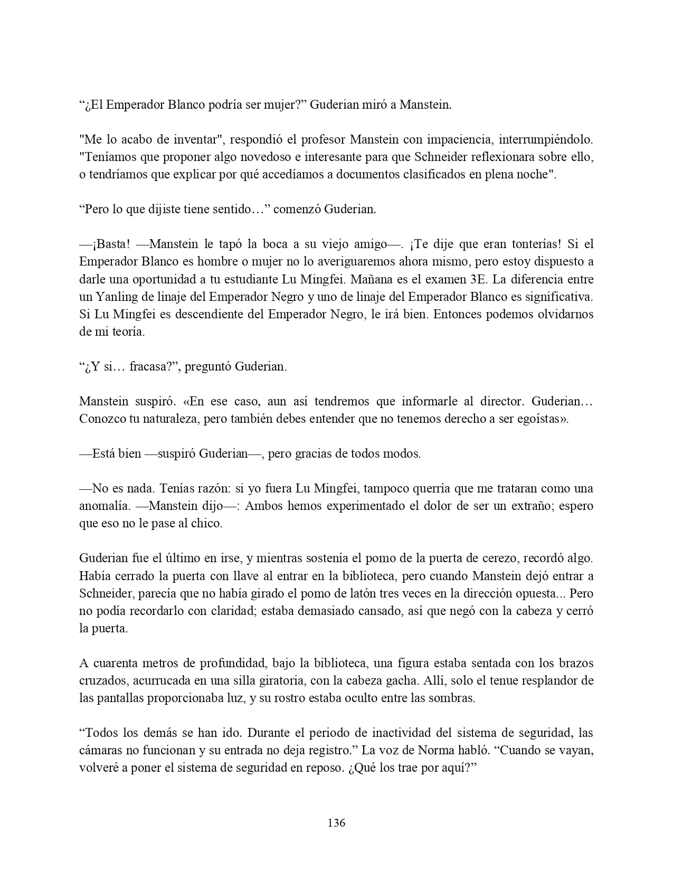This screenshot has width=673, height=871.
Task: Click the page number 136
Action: (336, 822)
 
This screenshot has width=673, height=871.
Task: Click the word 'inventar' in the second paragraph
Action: (196, 140)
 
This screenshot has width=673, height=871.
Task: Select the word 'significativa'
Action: (561, 297)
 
